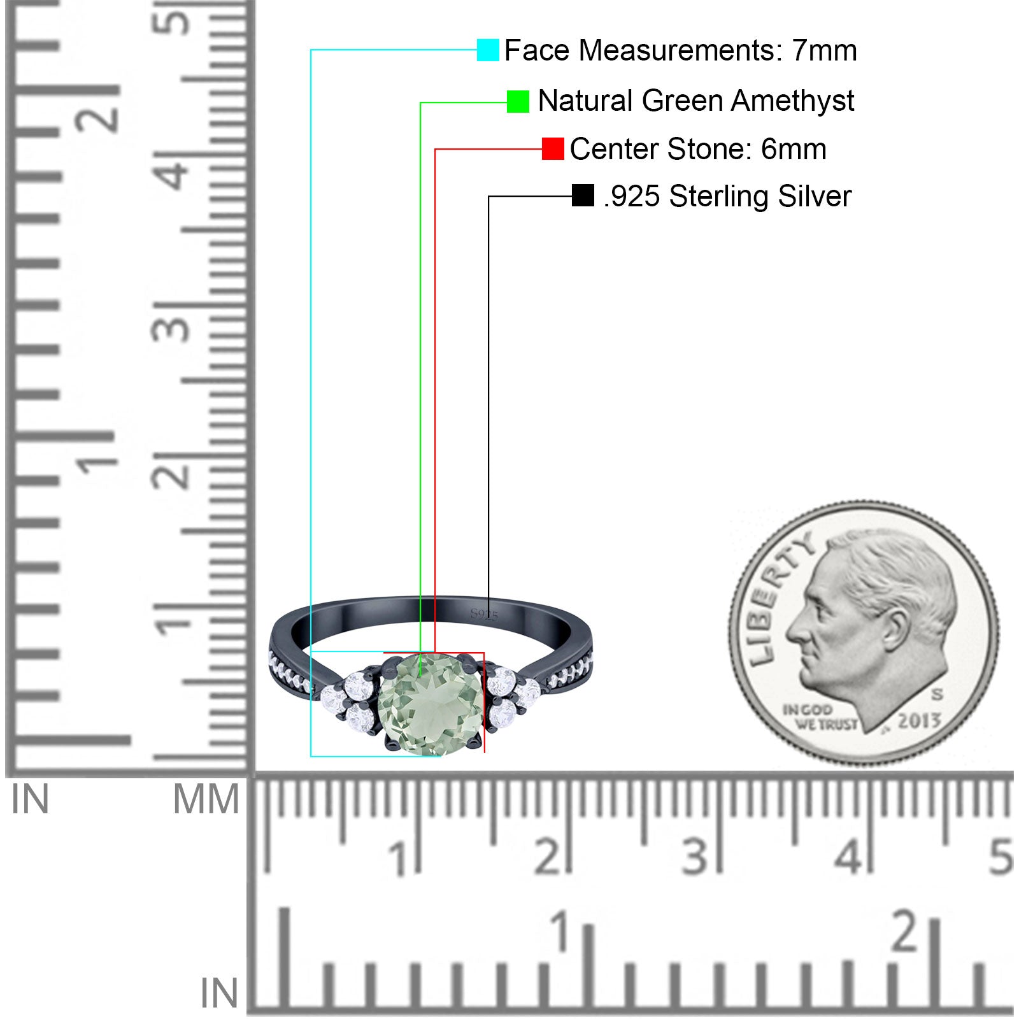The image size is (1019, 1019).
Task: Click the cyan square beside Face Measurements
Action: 488,50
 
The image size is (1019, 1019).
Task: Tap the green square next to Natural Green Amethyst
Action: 518,101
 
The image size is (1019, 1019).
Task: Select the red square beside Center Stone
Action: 553,149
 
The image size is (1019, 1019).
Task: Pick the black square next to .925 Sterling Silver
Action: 583,196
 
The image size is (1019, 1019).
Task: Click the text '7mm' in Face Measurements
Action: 825,50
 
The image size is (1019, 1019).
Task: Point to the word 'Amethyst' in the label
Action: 792,101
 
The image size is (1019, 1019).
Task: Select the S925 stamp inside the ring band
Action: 484,615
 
